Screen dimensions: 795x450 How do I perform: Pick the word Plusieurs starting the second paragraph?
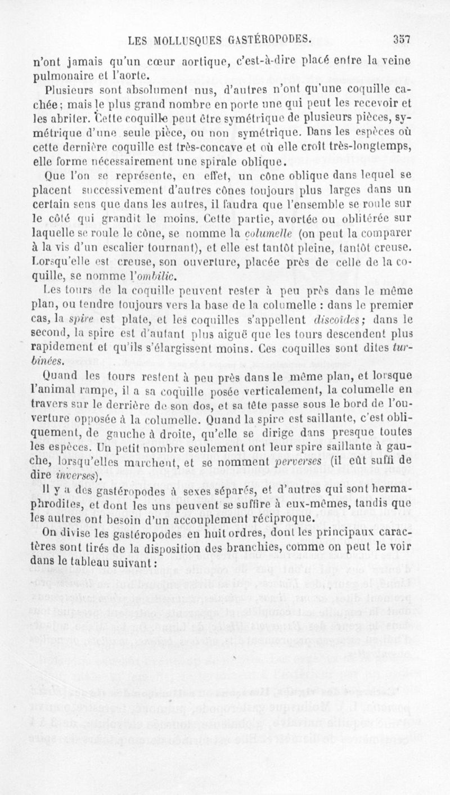[x=71, y=89]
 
